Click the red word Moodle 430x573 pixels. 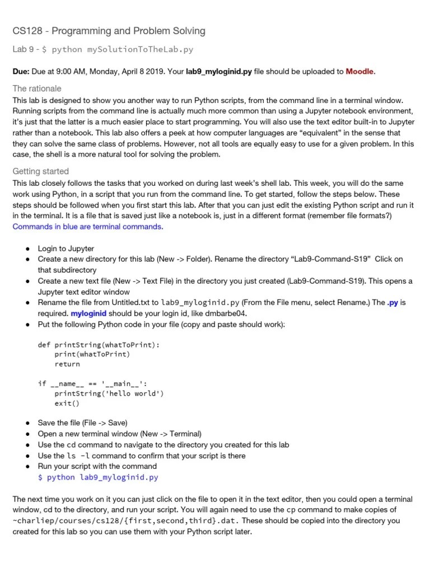coord(359,72)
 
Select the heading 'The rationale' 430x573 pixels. coord(37,88)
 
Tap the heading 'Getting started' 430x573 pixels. coord(40,171)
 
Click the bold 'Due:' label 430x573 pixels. coord(22,72)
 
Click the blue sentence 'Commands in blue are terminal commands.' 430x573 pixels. coord(88,227)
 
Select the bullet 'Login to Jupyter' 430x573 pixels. coord(66,248)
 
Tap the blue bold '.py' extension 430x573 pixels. coord(392,303)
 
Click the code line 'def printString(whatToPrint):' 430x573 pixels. coord(99,345)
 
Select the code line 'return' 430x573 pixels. coord(67,364)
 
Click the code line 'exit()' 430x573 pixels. coord(67,403)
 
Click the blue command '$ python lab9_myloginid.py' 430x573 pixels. coord(98,477)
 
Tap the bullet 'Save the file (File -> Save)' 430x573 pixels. coord(82,423)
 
